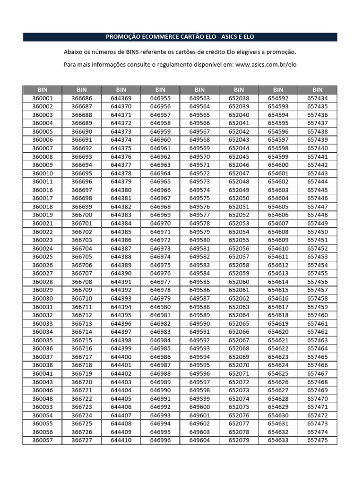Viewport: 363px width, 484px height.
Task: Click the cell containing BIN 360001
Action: pyautogui.click(x=43, y=98)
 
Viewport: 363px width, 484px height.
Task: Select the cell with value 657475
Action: pyautogui.click(x=317, y=440)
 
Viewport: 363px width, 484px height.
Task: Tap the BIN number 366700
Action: pyautogui.click(x=82, y=215)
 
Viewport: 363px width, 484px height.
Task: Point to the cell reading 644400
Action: pyautogui.click(x=121, y=357)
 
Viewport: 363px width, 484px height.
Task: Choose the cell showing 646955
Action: pyautogui.click(x=160, y=98)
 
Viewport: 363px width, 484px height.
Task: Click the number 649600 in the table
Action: pyautogui.click(x=199, y=407)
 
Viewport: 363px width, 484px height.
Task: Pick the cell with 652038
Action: pyautogui.click(x=239, y=98)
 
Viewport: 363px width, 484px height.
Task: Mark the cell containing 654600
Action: pyautogui.click(x=278, y=165)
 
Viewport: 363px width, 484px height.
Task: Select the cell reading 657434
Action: pyautogui.click(x=317, y=98)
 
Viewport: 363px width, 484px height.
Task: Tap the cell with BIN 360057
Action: pyautogui.click(x=43, y=440)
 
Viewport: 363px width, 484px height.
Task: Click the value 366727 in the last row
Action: pyautogui.click(x=82, y=440)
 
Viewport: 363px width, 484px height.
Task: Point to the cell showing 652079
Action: pyautogui.click(x=239, y=440)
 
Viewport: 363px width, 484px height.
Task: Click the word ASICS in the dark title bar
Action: pyautogui.click(x=225, y=37)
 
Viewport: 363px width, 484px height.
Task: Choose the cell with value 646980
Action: pyautogui.click(x=160, y=307)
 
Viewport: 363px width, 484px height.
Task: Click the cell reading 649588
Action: pyautogui.click(x=199, y=307)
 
